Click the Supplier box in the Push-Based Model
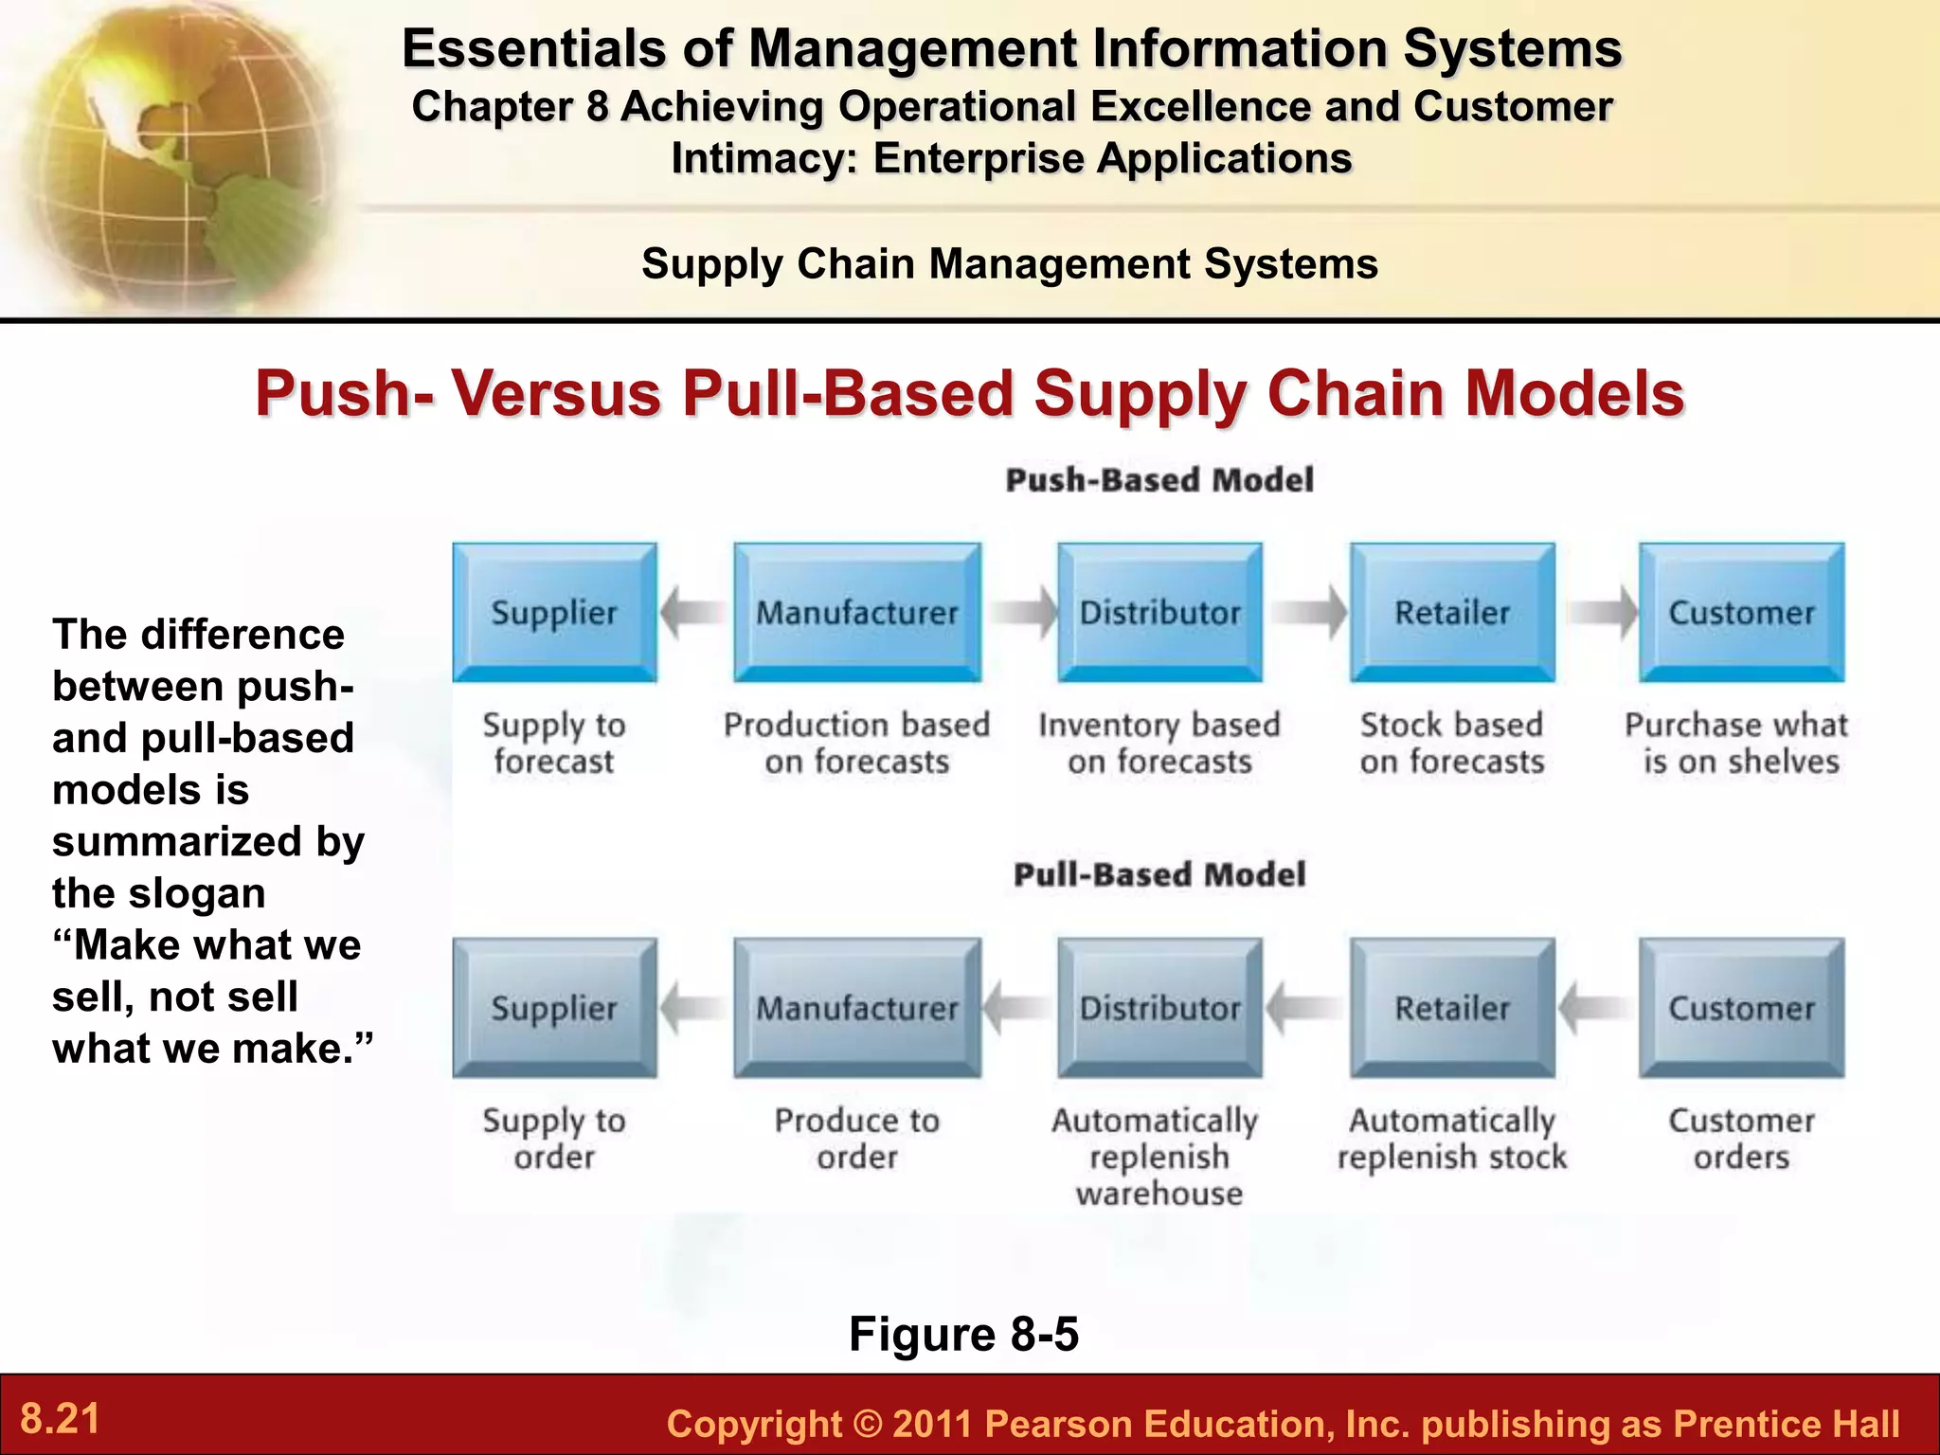[554, 612]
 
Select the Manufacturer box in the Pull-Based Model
[856, 1007]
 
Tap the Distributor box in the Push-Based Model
[1159, 612]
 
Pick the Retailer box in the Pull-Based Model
[1451, 1007]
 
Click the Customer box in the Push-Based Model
[1741, 612]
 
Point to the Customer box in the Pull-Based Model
[1741, 1007]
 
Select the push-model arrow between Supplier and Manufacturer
[693, 612]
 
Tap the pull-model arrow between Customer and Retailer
[1595, 1007]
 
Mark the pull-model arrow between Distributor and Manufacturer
[1017, 1007]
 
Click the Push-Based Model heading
[1159, 480]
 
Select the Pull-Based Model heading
[1159, 874]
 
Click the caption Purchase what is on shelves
[1737, 743]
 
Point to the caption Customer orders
[1741, 1138]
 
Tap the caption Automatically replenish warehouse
[1158, 1157]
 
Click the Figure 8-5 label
[963, 1334]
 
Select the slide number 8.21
[61, 1419]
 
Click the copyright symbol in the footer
[866, 1425]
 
